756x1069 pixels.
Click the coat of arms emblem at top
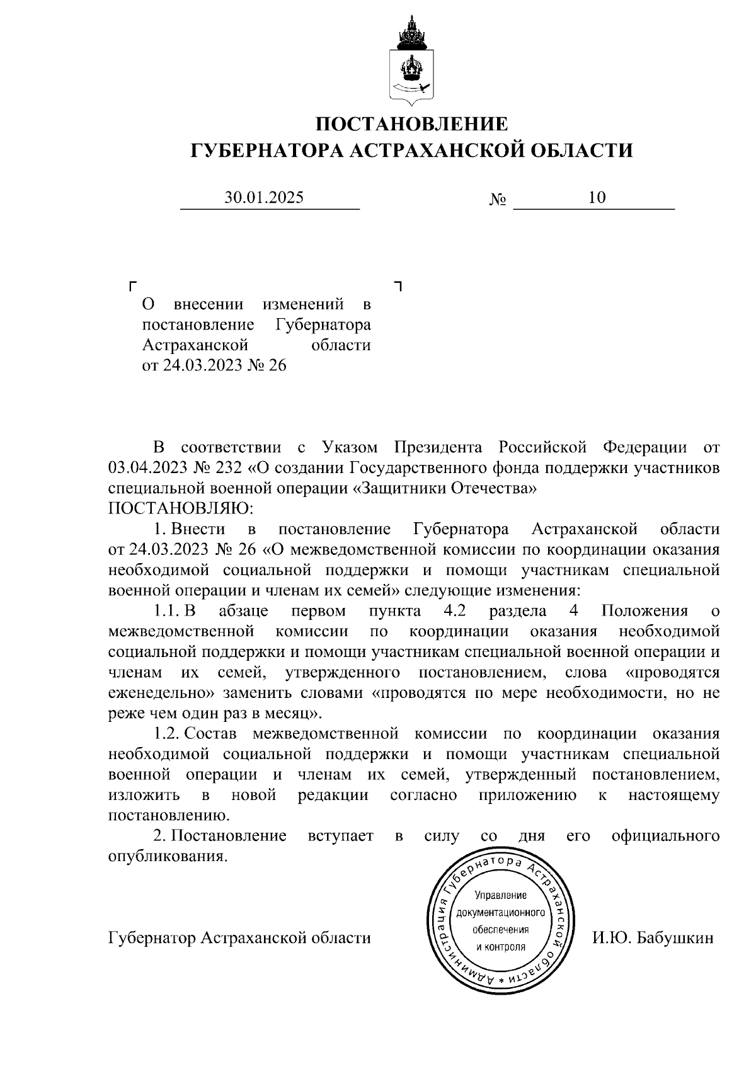[x=411, y=61]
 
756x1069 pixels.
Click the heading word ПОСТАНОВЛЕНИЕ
[x=411, y=124]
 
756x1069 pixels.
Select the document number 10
[x=597, y=198]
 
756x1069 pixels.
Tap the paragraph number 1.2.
[x=168, y=734]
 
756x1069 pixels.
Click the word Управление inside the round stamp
[x=500, y=896]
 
